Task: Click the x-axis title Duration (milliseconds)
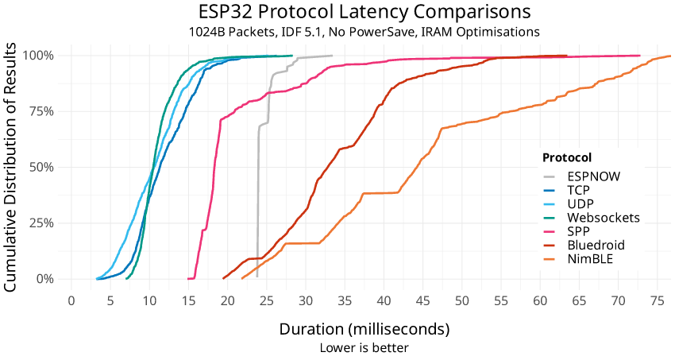pos(364,329)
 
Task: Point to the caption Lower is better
pos(364,347)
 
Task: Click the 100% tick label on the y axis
pos(38,56)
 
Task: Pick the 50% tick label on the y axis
pos(41,168)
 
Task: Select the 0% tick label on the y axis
pos(44,279)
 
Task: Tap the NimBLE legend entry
pos(591,258)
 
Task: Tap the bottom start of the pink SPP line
pos(188,279)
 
